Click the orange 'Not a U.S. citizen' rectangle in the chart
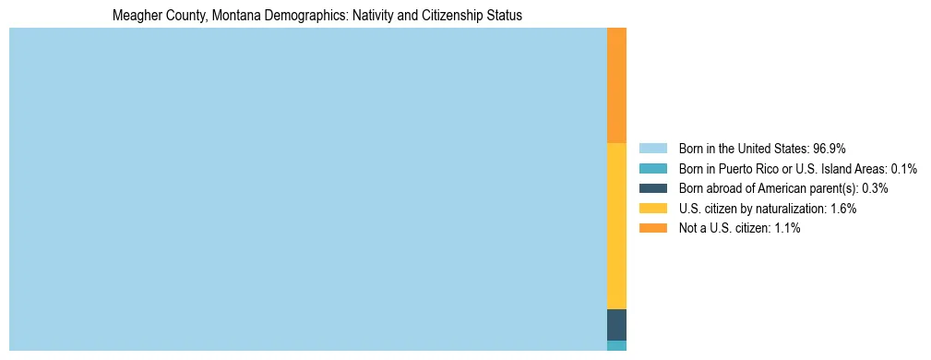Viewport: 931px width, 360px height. point(616,85)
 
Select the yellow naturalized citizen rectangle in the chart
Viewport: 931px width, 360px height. point(616,226)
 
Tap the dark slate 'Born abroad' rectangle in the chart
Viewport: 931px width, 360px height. point(616,325)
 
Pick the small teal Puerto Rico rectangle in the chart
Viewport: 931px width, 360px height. point(616,345)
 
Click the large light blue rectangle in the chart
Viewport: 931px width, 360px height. point(307,189)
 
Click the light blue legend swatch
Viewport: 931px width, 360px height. point(652,149)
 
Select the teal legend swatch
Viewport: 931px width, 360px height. point(652,169)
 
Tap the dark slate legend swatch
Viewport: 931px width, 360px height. point(652,188)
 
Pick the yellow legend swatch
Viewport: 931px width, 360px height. point(652,209)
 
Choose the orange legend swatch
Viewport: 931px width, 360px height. point(652,229)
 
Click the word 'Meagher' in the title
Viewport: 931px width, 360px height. point(134,16)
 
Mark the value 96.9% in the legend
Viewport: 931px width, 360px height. point(830,149)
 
